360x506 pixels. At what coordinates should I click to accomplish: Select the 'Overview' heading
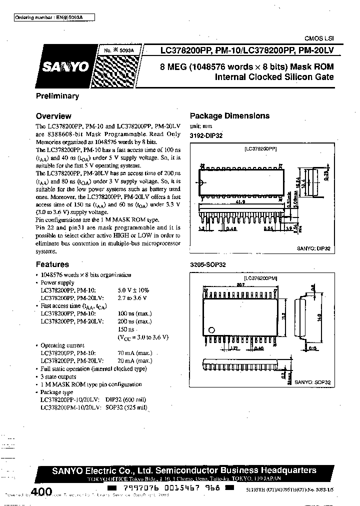[x=53, y=116]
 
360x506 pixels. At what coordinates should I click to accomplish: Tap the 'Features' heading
[x=52, y=264]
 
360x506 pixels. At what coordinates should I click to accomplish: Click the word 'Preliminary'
[x=57, y=96]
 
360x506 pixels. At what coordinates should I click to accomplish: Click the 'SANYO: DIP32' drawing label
[x=315, y=248]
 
